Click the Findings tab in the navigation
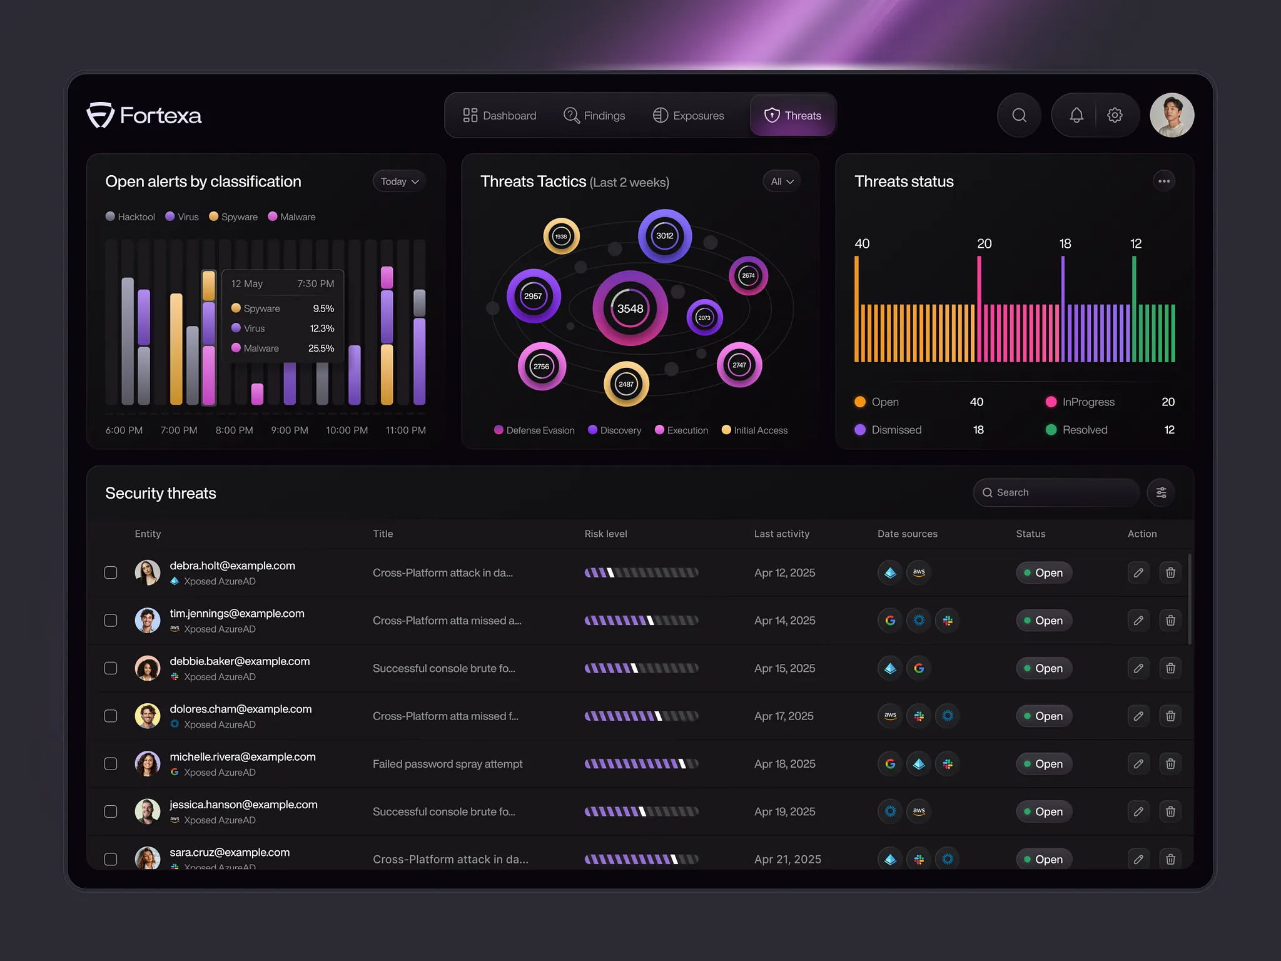click(594, 116)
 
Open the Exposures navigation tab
click(689, 116)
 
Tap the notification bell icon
click(1076, 115)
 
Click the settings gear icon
click(1115, 115)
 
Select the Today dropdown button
click(399, 181)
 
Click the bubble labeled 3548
click(630, 308)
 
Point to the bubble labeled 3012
click(664, 236)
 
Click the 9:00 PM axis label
click(289, 430)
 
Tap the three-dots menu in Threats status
click(1163, 181)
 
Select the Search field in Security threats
click(1057, 492)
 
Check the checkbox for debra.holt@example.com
click(111, 572)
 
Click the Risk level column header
click(605, 534)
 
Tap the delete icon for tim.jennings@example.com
click(1170, 621)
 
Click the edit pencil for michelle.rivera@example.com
click(1138, 764)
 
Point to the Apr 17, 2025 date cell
click(784, 716)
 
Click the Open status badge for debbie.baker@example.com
click(1043, 668)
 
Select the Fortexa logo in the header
click(144, 116)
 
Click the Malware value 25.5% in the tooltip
click(321, 348)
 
